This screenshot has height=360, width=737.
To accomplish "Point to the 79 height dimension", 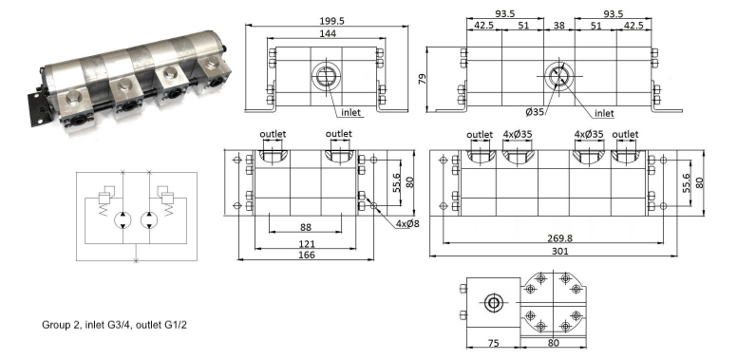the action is (422, 79).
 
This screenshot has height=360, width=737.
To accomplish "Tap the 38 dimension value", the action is (558, 26).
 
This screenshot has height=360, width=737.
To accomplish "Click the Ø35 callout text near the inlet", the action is (536, 113).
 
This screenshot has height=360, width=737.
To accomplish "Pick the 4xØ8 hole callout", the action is (407, 224).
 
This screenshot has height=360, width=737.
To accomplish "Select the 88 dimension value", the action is (306, 227).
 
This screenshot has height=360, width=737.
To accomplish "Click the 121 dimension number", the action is (307, 244).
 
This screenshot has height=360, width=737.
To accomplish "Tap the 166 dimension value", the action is (307, 256).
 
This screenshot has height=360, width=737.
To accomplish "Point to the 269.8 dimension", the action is (559, 238).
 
